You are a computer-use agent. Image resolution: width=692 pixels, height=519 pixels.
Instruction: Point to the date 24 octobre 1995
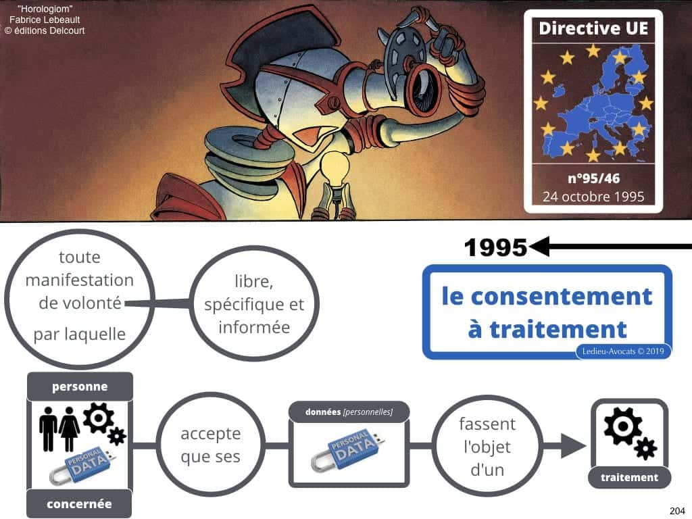pos(593,198)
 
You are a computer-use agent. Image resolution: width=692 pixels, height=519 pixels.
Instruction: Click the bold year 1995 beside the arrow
pos(495,249)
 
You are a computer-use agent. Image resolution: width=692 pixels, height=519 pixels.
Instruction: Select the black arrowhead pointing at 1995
pos(540,248)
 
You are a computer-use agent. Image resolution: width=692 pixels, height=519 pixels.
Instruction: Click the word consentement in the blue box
pos(547,297)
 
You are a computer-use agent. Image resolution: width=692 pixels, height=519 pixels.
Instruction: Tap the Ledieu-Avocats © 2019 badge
pos(621,350)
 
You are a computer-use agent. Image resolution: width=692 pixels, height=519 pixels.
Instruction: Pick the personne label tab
pos(80,387)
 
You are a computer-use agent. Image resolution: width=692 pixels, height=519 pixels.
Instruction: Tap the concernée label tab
pos(80,503)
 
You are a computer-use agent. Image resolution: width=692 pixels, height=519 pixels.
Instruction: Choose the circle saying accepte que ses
pos(211,444)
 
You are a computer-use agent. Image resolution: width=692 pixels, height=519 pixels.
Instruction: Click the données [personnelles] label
pos(349,412)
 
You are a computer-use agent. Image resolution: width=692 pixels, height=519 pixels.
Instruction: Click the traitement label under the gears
pos(629,477)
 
